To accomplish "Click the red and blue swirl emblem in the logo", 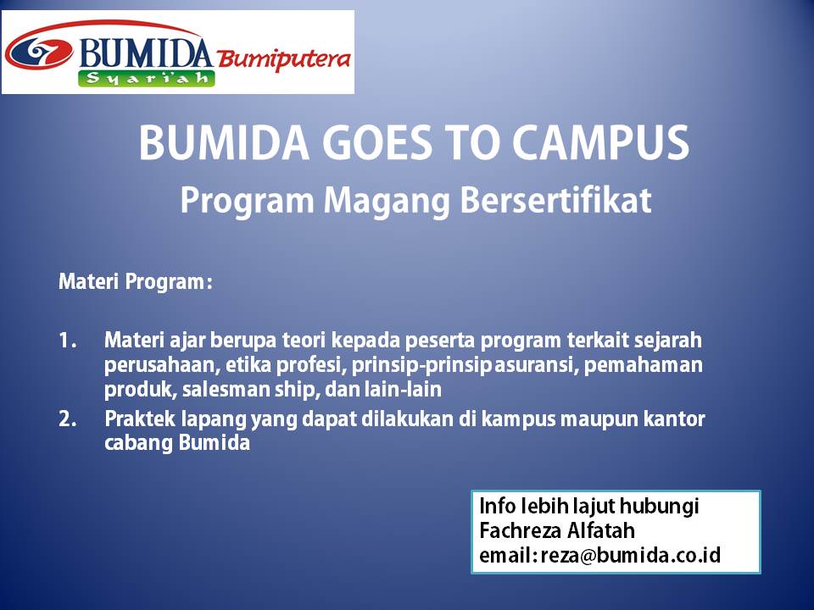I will coord(39,53).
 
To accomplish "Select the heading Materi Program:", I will coord(135,281).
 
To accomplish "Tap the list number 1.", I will coord(68,341).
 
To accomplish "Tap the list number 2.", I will coord(68,419).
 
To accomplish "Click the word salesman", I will coord(220,391).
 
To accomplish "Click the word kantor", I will coord(675,419).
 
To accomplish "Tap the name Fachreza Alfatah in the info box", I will coord(556,531).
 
